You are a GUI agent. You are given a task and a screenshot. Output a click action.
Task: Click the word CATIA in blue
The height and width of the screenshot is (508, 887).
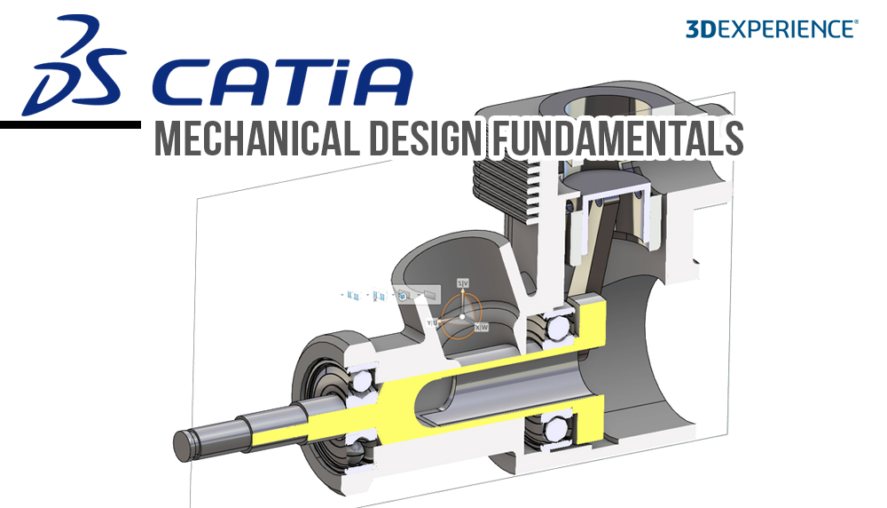(x=282, y=81)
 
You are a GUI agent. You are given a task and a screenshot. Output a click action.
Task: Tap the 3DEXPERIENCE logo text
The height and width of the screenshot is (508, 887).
(x=771, y=28)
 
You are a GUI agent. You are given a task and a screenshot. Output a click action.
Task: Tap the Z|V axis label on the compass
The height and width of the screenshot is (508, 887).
(x=461, y=282)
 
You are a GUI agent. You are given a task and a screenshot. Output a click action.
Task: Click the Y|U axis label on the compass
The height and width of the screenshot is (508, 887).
(x=433, y=322)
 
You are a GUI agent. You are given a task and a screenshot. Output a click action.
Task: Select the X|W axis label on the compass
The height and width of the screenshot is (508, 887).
(x=482, y=328)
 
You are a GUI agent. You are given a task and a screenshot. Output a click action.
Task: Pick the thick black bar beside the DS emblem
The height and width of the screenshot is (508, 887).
(x=70, y=125)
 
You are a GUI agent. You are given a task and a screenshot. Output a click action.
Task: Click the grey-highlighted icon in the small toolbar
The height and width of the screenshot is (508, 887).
(x=404, y=294)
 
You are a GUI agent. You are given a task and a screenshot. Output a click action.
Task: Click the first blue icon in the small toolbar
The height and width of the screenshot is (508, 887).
(x=352, y=294)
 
